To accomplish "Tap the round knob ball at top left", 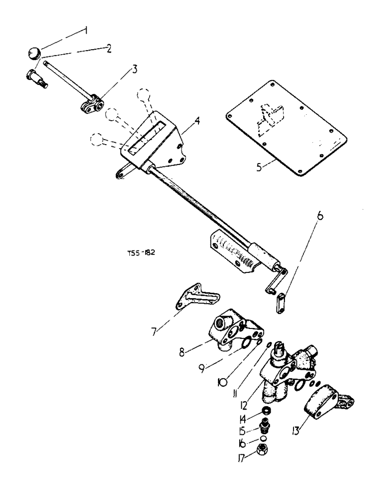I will pyautogui.click(x=34, y=52).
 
